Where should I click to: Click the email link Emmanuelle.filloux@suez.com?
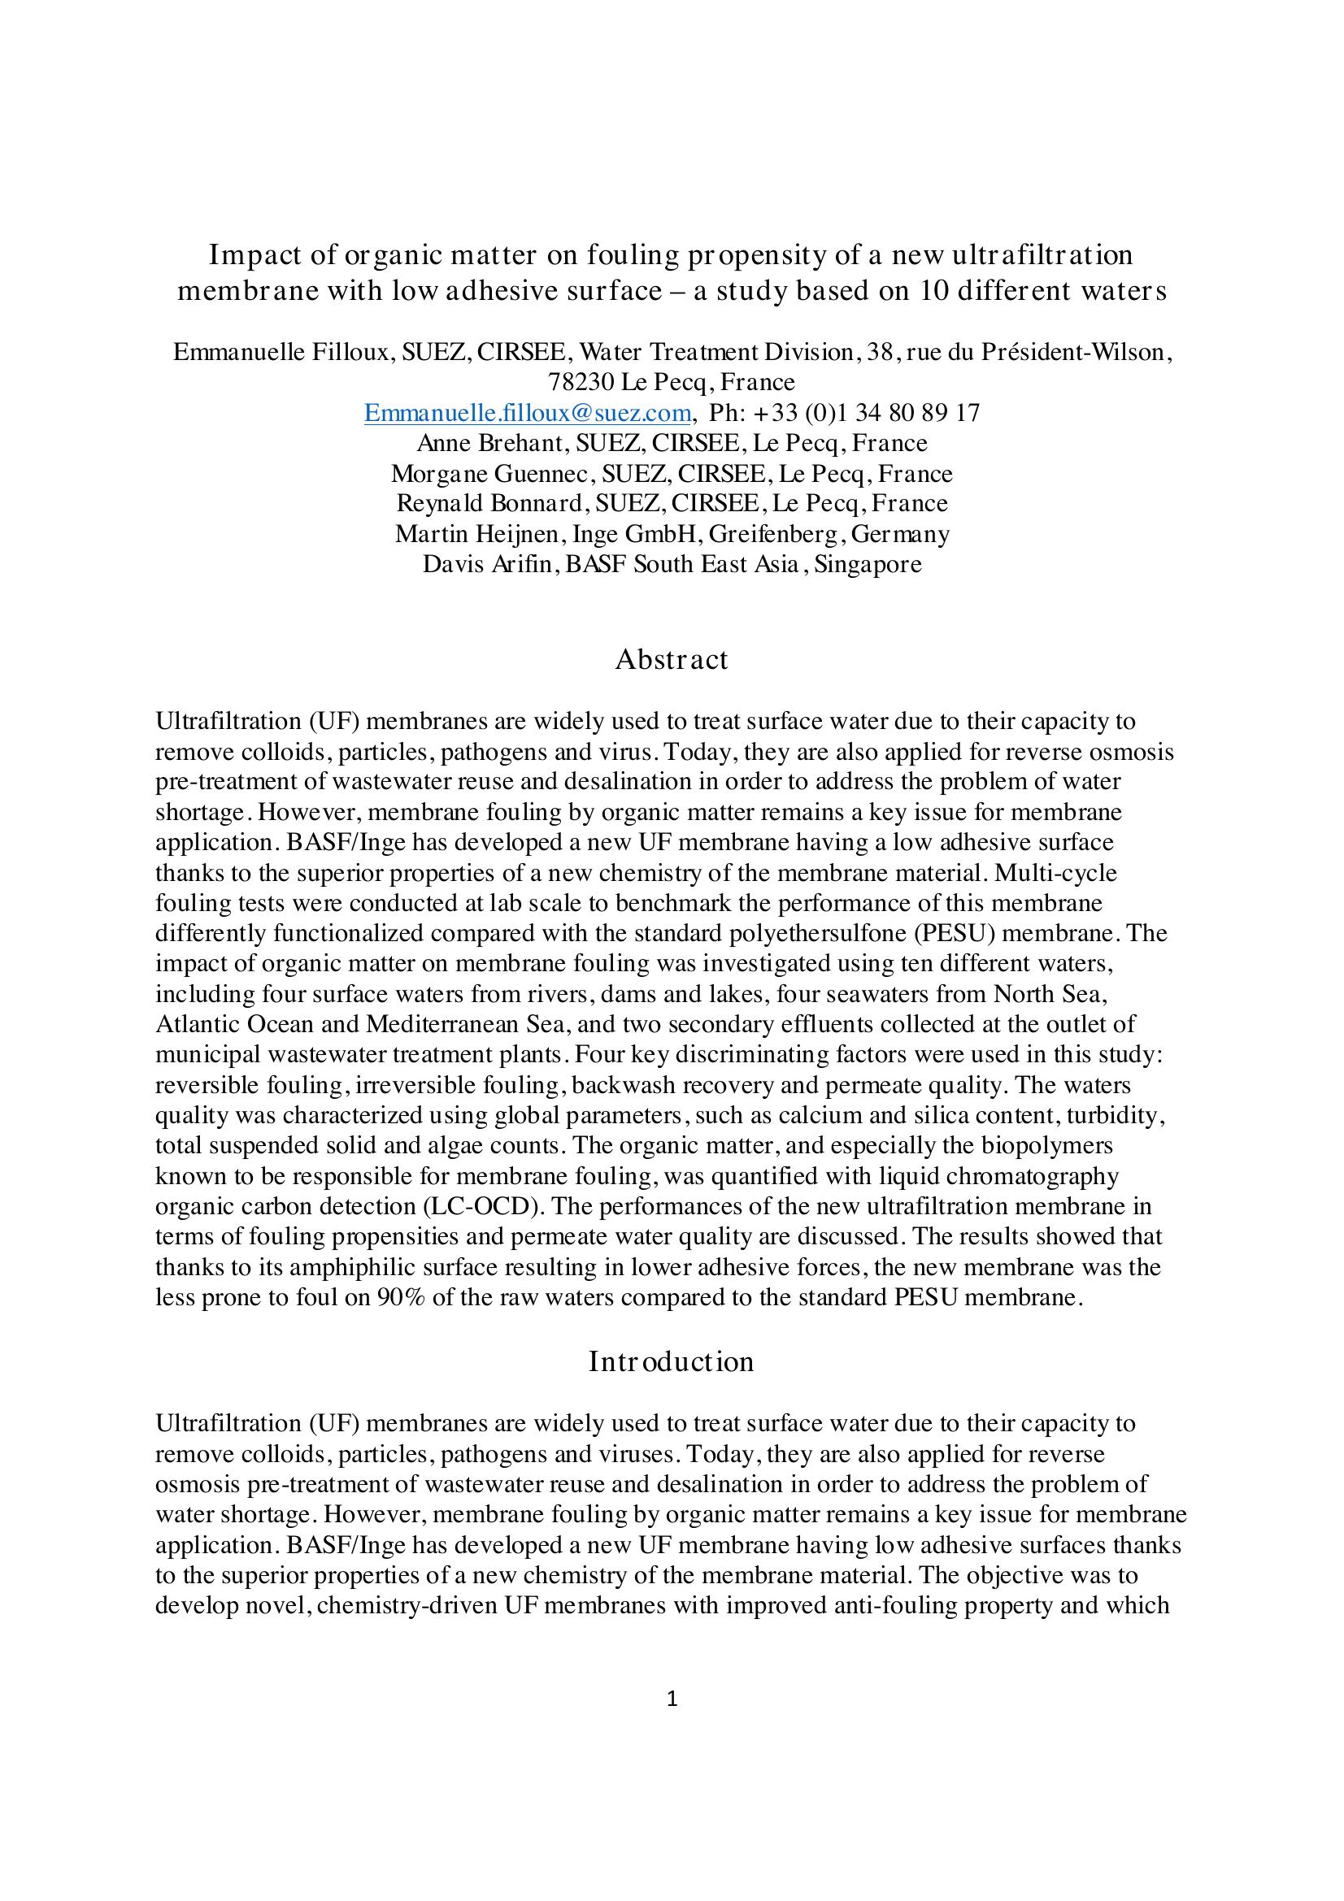(x=528, y=412)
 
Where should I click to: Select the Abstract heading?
(x=672, y=660)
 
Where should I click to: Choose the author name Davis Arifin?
(x=486, y=565)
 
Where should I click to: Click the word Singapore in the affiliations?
(x=868, y=565)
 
